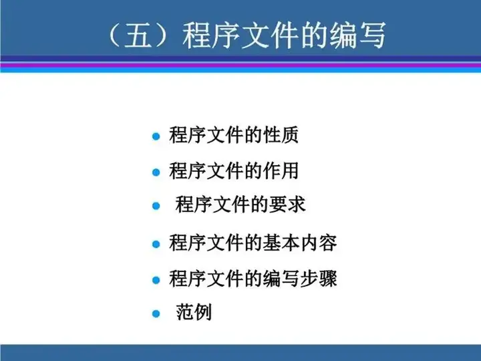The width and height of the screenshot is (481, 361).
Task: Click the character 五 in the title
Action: coord(138,35)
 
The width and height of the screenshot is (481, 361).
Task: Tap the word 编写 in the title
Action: coord(357,35)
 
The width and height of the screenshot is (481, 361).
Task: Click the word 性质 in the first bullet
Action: coord(281,134)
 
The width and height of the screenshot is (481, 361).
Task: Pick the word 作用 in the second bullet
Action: coord(281,170)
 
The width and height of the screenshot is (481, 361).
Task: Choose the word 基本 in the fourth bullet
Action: coord(281,243)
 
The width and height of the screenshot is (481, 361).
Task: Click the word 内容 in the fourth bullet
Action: coord(319,243)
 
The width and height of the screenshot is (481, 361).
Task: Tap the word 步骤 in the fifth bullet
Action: coord(319,278)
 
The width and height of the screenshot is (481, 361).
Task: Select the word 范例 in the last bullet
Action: coord(194,312)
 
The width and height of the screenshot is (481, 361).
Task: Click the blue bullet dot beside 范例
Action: coord(156,314)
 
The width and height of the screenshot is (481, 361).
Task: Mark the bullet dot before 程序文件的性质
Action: coord(156,136)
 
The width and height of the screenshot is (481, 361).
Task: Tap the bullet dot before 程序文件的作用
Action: coord(156,172)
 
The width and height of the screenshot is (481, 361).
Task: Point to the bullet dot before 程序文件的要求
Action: coord(156,206)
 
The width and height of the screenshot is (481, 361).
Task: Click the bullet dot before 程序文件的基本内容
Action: coord(156,244)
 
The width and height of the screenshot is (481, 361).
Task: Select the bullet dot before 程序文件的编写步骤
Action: coord(156,280)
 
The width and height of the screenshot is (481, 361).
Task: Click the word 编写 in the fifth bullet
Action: coord(281,278)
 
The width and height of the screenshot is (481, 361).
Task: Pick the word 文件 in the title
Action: coord(269,35)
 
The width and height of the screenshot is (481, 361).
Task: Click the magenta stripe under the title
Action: coord(240,65)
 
